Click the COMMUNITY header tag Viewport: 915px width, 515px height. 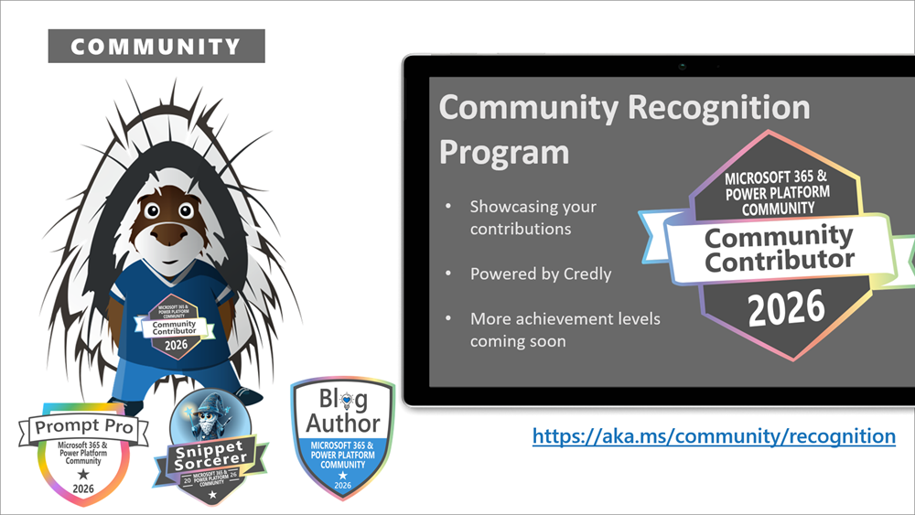pyautogui.click(x=156, y=46)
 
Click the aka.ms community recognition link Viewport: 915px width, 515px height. pyautogui.click(x=714, y=436)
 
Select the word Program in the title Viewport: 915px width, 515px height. pyautogui.click(x=503, y=151)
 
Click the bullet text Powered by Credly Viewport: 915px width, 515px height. pyautogui.click(x=540, y=274)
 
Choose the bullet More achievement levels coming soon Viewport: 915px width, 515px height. pyautogui.click(x=565, y=330)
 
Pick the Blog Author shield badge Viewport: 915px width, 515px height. pyautogui.click(x=342, y=439)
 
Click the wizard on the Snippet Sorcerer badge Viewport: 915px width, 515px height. pyautogui.click(x=210, y=416)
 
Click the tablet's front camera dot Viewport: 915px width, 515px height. pyautogui.click(x=683, y=66)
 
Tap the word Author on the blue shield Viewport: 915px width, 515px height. pyautogui.click(x=342, y=423)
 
